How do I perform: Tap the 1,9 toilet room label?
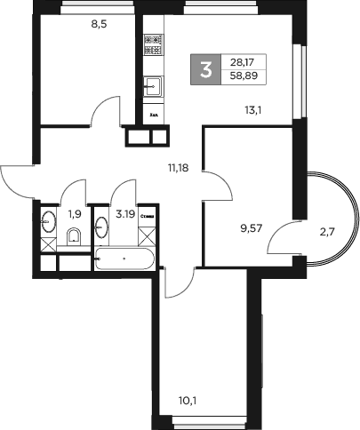74,212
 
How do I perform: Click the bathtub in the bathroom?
124,259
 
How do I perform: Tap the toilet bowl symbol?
75,236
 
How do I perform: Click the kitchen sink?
151,85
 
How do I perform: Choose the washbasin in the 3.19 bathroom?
100,227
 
